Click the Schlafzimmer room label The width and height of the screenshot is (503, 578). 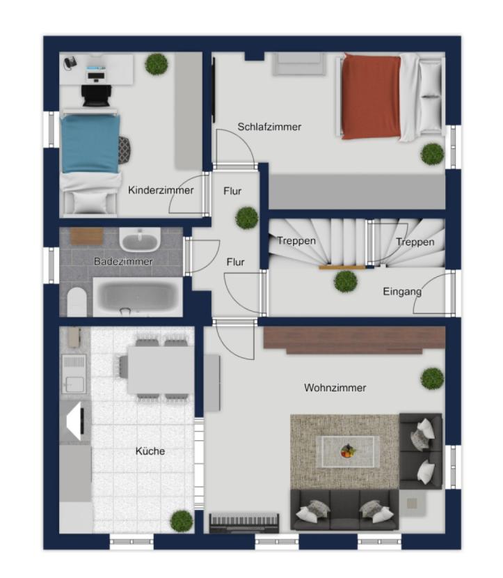click(269, 127)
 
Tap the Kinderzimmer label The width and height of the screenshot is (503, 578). click(161, 190)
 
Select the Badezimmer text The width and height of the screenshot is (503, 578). click(123, 261)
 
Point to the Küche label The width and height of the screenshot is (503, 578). click(150, 451)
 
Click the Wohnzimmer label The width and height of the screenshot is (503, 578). click(335, 388)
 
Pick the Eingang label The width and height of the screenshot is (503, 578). click(402, 292)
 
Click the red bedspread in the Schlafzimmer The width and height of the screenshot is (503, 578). click(372, 97)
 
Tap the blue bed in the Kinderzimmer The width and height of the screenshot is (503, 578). click(90, 143)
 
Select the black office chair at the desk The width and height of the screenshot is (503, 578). click(97, 95)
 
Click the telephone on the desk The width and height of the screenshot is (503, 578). click(70, 63)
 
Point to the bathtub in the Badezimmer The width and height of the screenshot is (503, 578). click(138, 297)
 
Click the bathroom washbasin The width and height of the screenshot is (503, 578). click(140, 240)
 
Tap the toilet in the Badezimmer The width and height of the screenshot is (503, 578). click(77, 302)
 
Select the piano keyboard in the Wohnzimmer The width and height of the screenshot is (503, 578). click(243, 522)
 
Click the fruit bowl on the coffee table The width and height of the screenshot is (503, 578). click(348, 451)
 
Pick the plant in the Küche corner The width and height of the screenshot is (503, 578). click(182, 521)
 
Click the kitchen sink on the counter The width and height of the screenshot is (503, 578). click(74, 374)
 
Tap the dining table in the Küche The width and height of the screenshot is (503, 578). click(161, 370)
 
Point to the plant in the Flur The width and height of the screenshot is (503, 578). click(247, 218)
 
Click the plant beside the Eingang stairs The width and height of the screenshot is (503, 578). click(345, 281)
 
